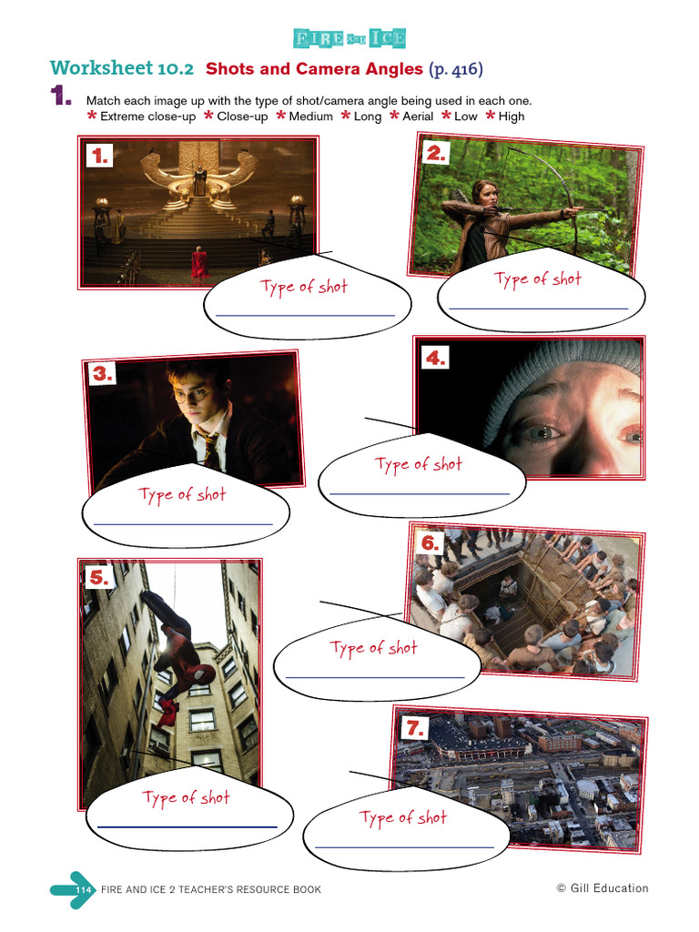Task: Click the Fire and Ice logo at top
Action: pyautogui.click(x=349, y=38)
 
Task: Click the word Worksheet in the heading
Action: pyautogui.click(x=102, y=68)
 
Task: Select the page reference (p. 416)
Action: pyautogui.click(x=455, y=68)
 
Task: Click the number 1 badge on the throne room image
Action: pyautogui.click(x=99, y=157)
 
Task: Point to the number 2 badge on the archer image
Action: pyautogui.click(x=437, y=154)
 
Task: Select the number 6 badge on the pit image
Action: pyautogui.click(x=431, y=543)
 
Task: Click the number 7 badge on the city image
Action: pyautogui.click(x=415, y=727)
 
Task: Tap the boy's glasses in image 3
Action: pyautogui.click(x=190, y=396)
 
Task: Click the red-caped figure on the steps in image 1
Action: pyautogui.click(x=198, y=264)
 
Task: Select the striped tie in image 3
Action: pyautogui.click(x=210, y=448)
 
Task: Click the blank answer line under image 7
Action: pyautogui.click(x=404, y=846)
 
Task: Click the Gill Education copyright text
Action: pyautogui.click(x=603, y=888)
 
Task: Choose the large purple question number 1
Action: pyautogui.click(x=60, y=97)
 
